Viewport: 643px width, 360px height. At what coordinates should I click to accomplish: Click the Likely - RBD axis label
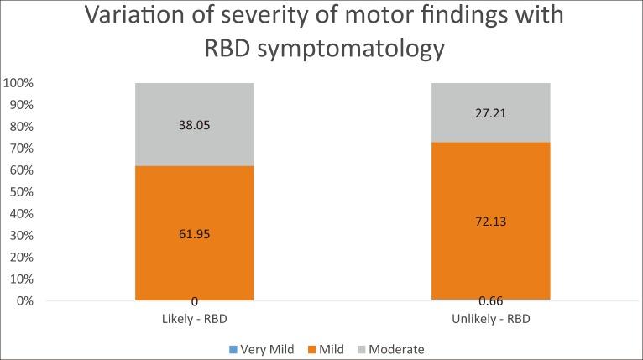pos(195,320)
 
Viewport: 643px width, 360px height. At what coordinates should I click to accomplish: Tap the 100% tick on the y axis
pos(18,83)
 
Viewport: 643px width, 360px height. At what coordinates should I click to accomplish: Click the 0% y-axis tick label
pos(23,300)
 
